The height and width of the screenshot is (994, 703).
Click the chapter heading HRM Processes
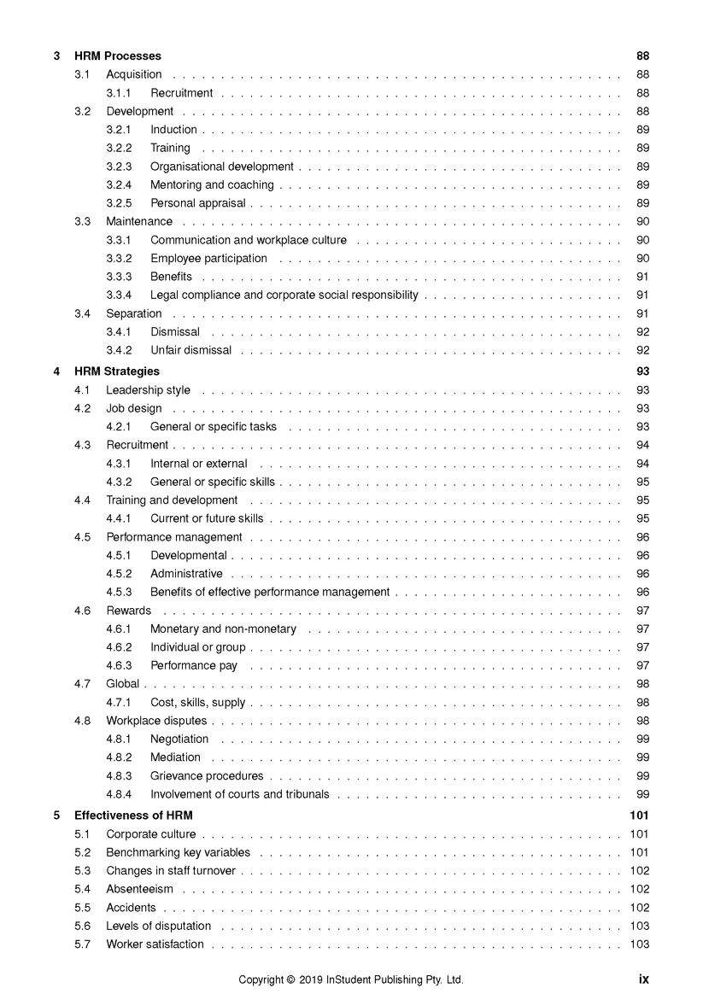pyautogui.click(x=117, y=56)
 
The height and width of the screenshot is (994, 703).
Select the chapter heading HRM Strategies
pyautogui.click(x=116, y=371)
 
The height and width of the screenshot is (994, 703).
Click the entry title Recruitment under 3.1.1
pyautogui.click(x=181, y=93)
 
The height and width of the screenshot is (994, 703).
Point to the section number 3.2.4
pyautogui.click(x=119, y=184)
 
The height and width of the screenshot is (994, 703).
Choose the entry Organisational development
pyautogui.click(x=221, y=167)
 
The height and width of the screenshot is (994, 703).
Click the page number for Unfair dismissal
pyautogui.click(x=642, y=350)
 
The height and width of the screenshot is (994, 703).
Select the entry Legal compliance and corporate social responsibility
pyautogui.click(x=284, y=295)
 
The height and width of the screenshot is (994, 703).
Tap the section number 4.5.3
pyautogui.click(x=119, y=592)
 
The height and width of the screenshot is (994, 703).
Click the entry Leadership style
pyautogui.click(x=148, y=390)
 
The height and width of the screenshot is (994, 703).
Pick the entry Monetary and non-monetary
pyautogui.click(x=223, y=629)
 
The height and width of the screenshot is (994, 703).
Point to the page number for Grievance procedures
pyautogui.click(x=642, y=776)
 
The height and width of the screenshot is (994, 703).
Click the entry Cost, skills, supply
pyautogui.click(x=197, y=703)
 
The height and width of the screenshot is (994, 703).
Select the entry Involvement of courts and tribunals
pyautogui.click(x=239, y=794)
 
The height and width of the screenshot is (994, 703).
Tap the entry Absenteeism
pyautogui.click(x=139, y=889)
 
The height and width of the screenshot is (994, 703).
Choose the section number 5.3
pyautogui.click(x=82, y=871)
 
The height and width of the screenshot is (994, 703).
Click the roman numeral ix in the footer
pyautogui.click(x=643, y=979)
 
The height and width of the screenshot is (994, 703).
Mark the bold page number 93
pyautogui.click(x=642, y=371)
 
